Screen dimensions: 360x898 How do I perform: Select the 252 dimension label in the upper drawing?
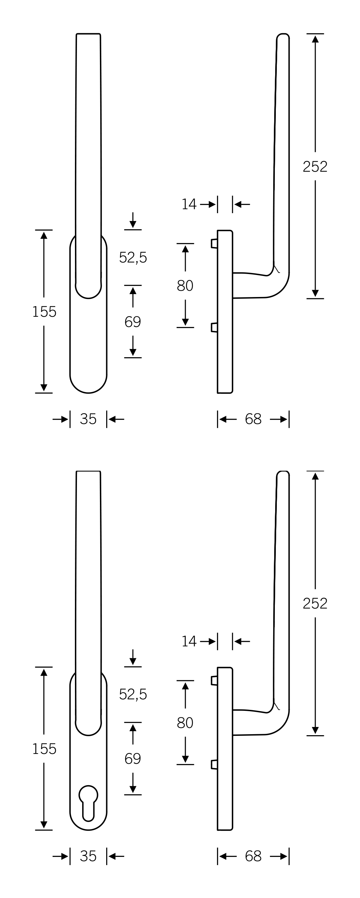coord(315,167)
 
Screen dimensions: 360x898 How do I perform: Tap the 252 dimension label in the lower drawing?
coord(315,603)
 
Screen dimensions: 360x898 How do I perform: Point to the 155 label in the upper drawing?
coord(44,312)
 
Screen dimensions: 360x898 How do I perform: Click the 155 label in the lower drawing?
coord(44,749)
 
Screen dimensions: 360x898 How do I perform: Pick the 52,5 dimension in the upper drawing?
coord(133,258)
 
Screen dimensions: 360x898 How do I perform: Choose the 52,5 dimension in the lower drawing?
coord(133,694)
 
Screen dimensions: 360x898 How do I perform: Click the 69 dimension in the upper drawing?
coord(133,322)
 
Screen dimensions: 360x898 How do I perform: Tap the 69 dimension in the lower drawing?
coord(133,759)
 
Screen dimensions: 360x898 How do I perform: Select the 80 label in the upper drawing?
coord(185,286)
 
